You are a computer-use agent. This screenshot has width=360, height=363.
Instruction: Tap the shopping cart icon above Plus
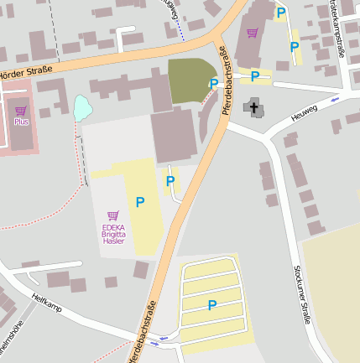21,111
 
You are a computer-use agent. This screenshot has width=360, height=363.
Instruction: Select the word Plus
21,122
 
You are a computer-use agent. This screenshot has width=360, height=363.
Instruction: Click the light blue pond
81,107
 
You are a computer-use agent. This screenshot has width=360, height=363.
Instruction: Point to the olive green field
190,81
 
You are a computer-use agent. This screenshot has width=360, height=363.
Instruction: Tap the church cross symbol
252,106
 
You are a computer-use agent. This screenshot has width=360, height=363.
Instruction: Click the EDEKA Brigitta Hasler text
113,234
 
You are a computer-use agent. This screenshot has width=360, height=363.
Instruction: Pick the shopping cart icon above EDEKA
113,216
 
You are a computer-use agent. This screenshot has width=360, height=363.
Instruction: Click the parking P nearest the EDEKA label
140,202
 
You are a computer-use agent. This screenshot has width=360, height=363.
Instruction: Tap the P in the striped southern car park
212,306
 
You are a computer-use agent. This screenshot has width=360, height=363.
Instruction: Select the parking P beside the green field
214,84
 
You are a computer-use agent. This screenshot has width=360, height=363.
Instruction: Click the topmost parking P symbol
281,13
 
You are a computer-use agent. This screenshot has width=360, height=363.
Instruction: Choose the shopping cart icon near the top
253,34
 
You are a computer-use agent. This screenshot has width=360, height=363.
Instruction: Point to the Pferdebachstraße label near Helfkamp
142,331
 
